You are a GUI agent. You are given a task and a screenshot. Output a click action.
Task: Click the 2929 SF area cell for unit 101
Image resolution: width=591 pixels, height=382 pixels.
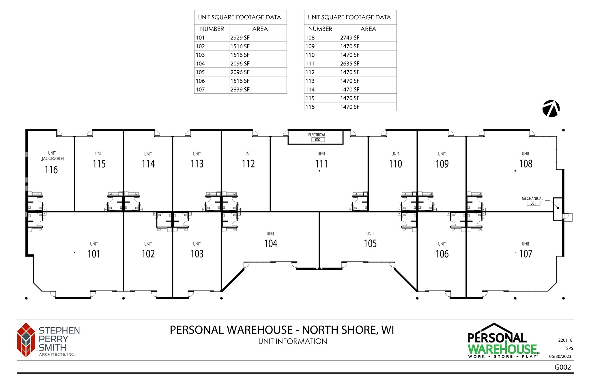coord(240,37)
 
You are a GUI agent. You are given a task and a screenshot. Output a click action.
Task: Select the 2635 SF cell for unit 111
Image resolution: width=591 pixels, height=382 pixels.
coord(350,63)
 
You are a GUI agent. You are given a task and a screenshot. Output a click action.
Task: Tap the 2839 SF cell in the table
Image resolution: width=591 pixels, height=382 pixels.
coord(240,89)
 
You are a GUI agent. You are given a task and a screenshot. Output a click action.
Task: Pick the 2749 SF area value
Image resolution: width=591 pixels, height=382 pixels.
coord(350,37)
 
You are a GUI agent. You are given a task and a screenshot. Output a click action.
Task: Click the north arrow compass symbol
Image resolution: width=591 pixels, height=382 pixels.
coord(551,109)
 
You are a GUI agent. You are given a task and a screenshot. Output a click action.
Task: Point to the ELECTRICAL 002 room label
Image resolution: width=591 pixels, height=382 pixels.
coord(317,137)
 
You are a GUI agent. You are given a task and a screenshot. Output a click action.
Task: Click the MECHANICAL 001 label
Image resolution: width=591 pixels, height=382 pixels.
coord(532,200)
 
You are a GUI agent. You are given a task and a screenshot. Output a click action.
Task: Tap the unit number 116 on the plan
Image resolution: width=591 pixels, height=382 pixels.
coord(51,170)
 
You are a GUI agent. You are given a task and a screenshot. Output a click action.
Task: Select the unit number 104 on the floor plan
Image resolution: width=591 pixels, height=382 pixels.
coord(271,244)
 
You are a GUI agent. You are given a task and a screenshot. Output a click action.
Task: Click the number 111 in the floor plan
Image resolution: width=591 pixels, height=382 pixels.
coord(321,164)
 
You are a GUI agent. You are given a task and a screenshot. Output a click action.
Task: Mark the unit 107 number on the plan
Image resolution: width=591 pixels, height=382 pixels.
coord(526,254)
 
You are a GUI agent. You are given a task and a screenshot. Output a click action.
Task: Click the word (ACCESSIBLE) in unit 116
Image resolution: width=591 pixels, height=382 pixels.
coord(53,159)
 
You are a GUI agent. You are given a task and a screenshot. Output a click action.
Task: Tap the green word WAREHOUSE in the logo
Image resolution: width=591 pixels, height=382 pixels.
coord(502,349)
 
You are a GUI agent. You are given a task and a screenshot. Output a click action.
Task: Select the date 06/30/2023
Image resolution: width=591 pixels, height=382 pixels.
coord(560,356)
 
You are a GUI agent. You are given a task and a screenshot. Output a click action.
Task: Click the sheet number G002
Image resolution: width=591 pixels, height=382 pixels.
coord(563,367)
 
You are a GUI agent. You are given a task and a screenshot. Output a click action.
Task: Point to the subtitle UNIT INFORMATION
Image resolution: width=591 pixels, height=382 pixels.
coord(293,341)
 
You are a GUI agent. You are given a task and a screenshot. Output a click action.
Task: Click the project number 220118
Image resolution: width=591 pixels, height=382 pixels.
coord(565,340)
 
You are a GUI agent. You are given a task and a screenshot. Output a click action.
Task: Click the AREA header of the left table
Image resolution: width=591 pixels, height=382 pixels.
coord(260,29)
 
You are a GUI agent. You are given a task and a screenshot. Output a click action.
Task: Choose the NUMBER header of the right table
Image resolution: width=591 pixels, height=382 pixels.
coord(320,29)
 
